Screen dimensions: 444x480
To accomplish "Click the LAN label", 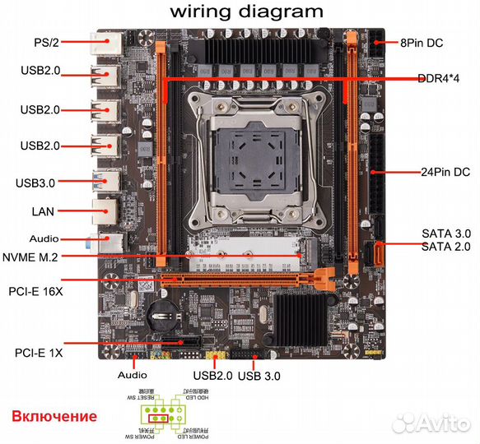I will (x=43, y=211).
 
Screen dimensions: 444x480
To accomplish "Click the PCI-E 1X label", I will (x=38, y=353).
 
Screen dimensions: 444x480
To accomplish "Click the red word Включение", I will (x=54, y=417).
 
